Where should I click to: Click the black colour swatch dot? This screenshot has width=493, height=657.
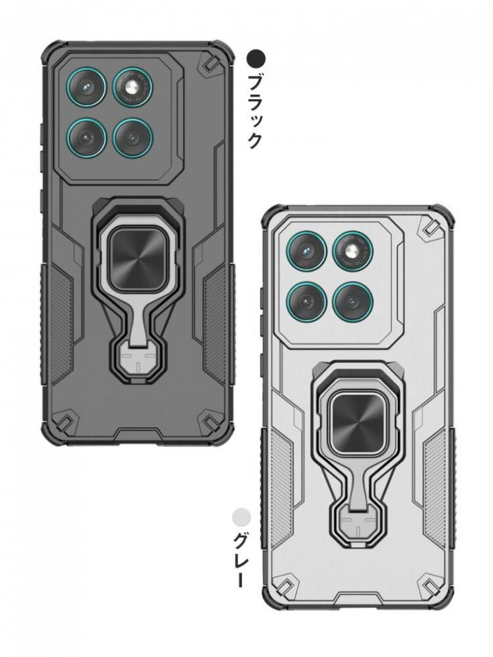(x=256, y=59)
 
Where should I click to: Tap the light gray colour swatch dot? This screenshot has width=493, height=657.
(x=241, y=517)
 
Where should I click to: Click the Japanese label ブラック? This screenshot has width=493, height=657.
(x=256, y=111)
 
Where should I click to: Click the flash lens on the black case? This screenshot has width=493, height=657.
(x=133, y=88)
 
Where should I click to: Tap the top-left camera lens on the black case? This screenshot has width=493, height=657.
(x=87, y=88)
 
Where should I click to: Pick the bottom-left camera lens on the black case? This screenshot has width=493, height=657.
(x=87, y=137)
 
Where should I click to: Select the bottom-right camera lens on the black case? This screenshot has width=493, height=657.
(x=133, y=137)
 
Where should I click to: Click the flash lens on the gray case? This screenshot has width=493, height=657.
(x=353, y=251)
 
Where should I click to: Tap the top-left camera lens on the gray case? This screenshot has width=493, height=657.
(x=307, y=252)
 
